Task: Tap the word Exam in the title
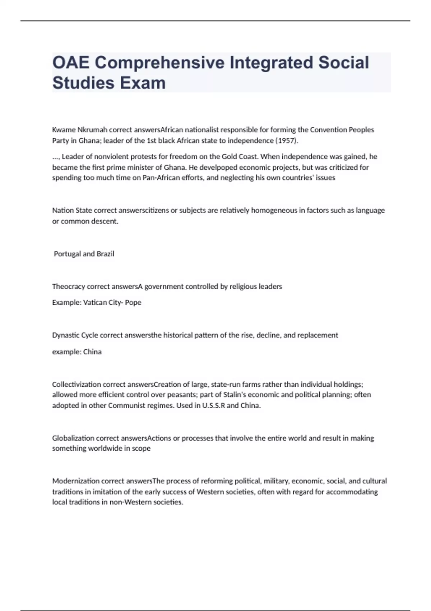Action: click(x=143, y=83)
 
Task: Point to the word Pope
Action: click(x=133, y=303)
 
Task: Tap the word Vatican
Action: click(x=95, y=303)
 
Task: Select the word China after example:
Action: click(x=92, y=352)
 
